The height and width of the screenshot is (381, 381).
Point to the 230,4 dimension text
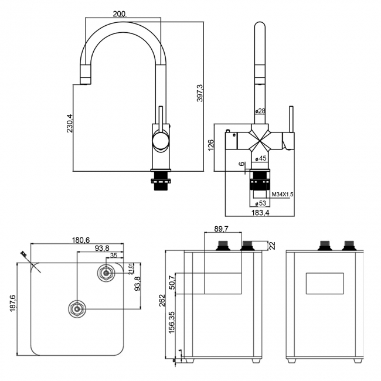pyautogui.click(x=70, y=123)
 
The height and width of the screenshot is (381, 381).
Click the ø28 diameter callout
pyautogui.click(x=260, y=111)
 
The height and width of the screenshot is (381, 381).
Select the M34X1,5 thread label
pyautogui.click(x=282, y=194)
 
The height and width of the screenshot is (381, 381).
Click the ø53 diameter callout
pyautogui.click(x=261, y=203)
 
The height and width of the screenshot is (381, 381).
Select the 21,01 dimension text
pyautogui.click(x=131, y=268)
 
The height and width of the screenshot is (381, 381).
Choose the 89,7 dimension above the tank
pyautogui.click(x=222, y=228)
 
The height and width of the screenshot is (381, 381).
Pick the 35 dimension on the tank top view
pyautogui.click(x=113, y=256)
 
